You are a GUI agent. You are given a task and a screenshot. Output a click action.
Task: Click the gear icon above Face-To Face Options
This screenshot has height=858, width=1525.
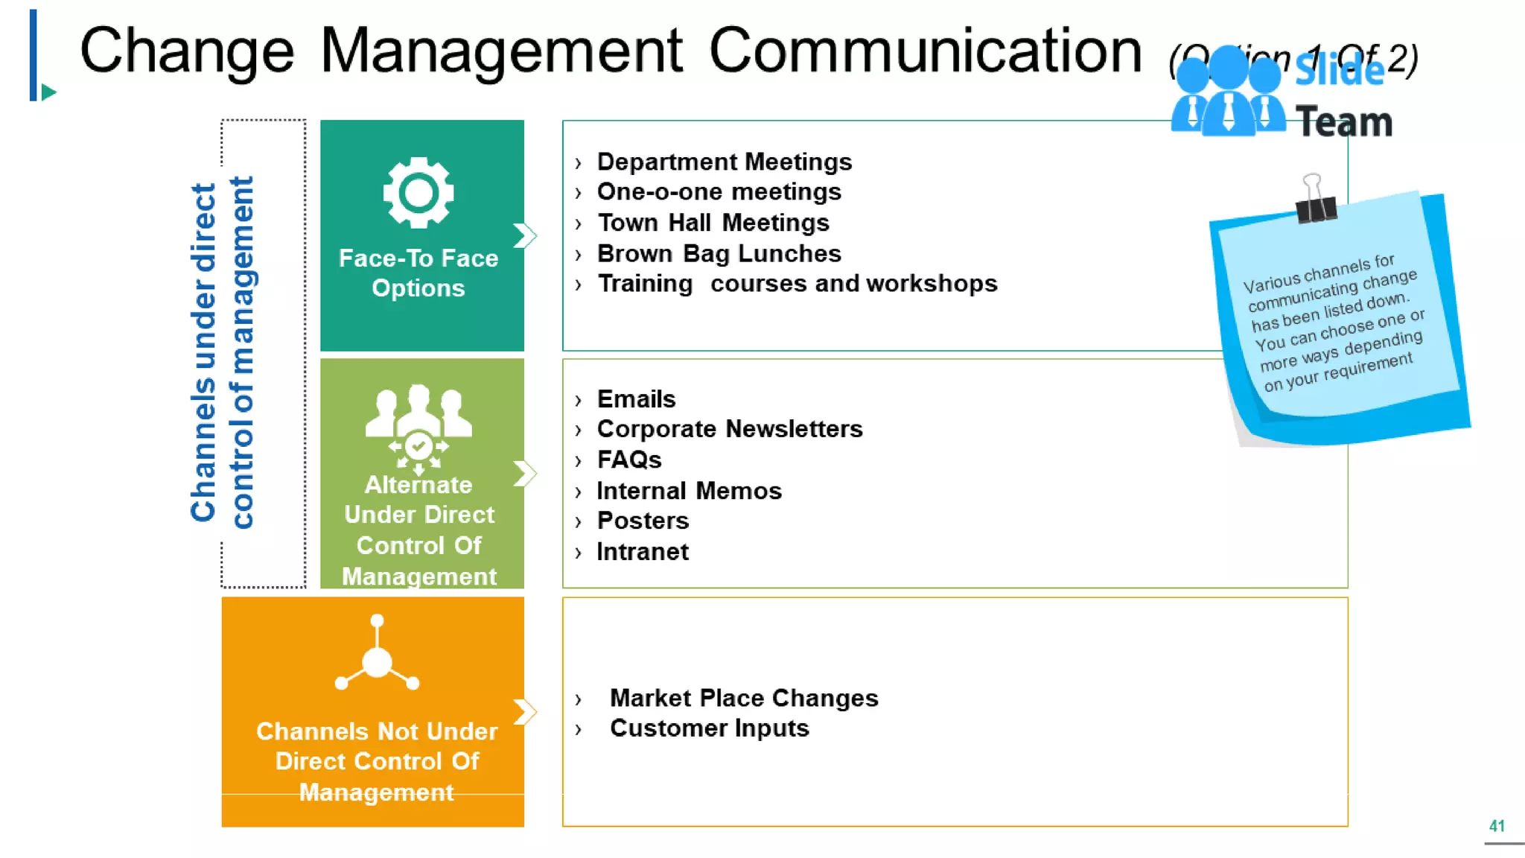[x=418, y=193]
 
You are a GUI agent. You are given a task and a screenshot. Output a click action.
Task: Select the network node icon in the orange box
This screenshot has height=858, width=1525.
[x=377, y=655]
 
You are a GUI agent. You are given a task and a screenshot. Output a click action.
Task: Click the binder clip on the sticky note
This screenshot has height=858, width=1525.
[x=1315, y=200]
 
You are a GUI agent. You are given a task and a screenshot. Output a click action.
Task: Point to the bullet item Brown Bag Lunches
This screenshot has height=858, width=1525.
[x=719, y=254]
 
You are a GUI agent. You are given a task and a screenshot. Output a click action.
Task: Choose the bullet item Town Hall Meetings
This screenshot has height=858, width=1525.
[x=713, y=223]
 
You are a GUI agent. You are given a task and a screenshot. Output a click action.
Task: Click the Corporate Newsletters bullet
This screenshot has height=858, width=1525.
[x=729, y=429]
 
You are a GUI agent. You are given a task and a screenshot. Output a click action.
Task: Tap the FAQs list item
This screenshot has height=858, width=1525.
[x=628, y=460]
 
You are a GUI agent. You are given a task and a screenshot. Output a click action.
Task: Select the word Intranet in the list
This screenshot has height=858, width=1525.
[x=642, y=552]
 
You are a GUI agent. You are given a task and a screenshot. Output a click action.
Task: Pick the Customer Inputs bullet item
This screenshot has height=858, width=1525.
[x=709, y=728]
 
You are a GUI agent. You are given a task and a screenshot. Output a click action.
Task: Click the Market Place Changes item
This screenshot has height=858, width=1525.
[x=743, y=698]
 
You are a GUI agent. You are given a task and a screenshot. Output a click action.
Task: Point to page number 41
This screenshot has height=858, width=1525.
[x=1497, y=826]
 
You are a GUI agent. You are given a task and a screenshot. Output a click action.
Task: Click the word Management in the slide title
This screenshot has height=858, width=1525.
[x=501, y=51]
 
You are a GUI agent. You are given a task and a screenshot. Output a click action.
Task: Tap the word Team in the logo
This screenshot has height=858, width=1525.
[x=1344, y=122]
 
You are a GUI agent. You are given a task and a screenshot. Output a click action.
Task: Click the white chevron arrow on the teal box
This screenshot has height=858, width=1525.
[x=525, y=236]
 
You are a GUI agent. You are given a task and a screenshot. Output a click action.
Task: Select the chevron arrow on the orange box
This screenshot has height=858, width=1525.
[x=525, y=711]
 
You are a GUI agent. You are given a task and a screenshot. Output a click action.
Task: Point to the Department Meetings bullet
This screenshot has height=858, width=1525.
[x=724, y=162]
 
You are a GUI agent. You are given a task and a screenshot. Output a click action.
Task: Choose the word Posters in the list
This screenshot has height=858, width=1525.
[x=643, y=521]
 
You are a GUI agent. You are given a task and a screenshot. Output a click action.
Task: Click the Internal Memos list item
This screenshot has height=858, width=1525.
[x=689, y=491]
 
